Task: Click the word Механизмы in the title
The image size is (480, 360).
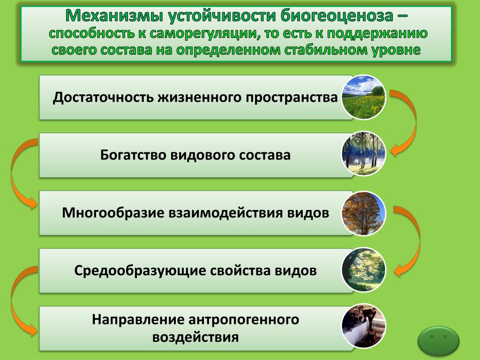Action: click(x=114, y=15)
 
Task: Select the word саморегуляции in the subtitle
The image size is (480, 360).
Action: click(x=203, y=34)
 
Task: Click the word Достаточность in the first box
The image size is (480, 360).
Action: click(x=104, y=97)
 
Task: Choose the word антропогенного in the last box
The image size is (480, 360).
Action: click(x=244, y=320)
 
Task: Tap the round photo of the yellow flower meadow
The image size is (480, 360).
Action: click(x=364, y=97)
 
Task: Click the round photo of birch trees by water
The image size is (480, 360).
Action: click(x=364, y=154)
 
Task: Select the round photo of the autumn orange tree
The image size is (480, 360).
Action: click(x=364, y=213)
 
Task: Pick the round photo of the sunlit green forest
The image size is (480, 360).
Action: click(x=364, y=270)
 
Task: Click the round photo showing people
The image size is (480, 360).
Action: click(x=364, y=326)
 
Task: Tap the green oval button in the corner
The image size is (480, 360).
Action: click(x=438, y=340)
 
